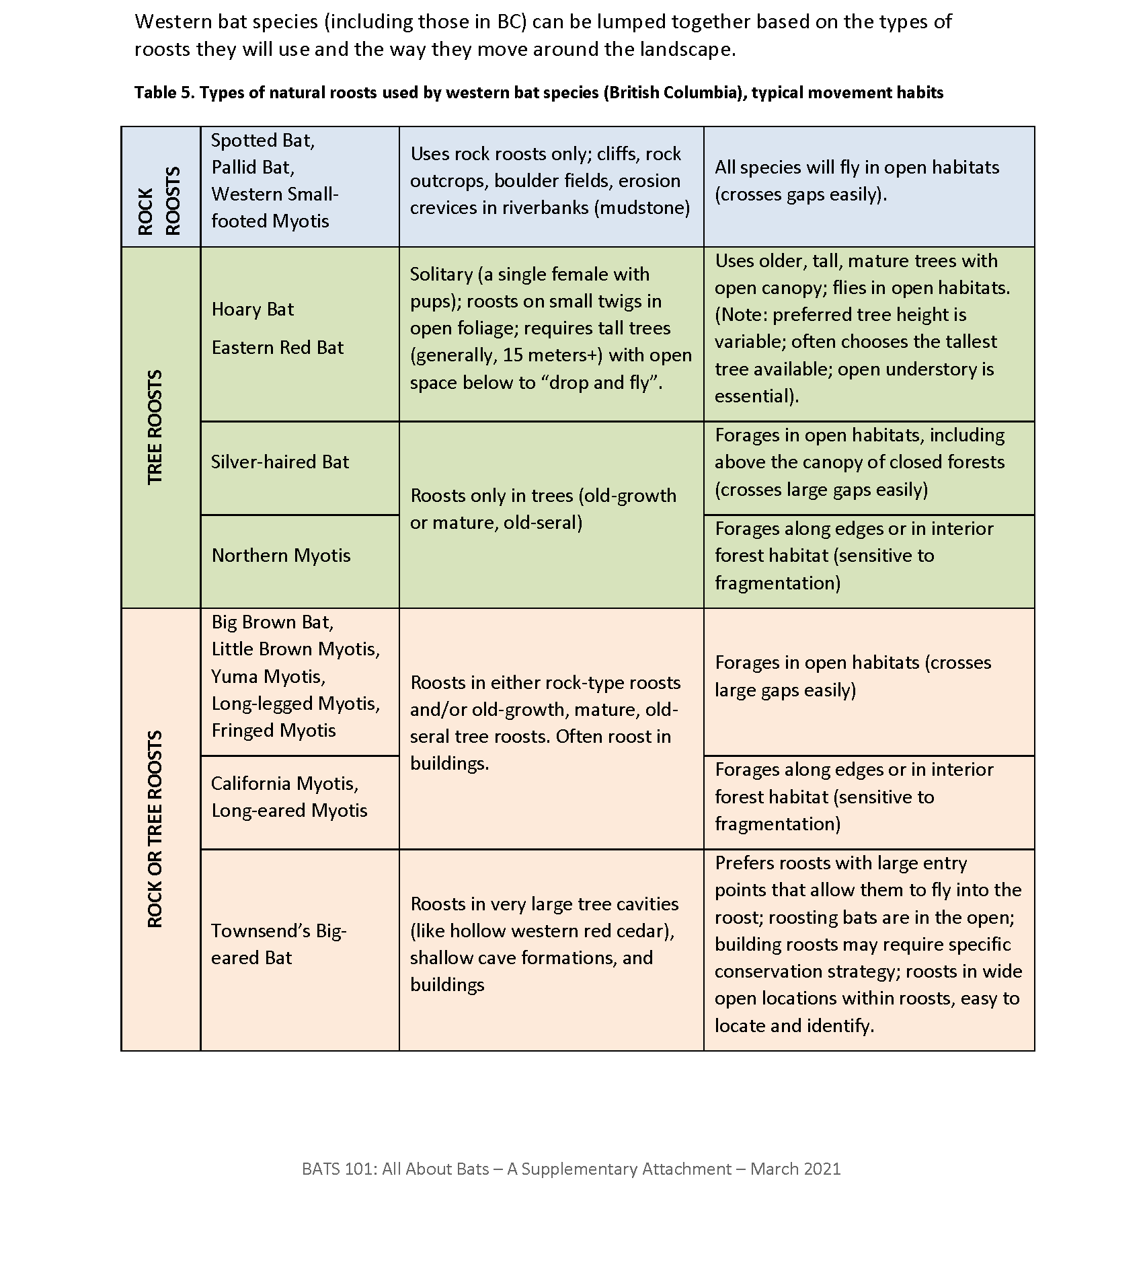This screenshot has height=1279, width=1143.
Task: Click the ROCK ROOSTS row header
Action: (160, 200)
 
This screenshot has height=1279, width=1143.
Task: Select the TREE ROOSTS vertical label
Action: (155, 427)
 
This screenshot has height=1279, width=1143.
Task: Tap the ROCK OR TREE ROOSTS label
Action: (155, 829)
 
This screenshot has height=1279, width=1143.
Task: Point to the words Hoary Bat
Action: (253, 309)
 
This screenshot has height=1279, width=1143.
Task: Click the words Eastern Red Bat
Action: (278, 348)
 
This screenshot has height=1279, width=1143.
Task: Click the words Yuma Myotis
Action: (268, 676)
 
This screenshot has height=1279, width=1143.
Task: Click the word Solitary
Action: (441, 275)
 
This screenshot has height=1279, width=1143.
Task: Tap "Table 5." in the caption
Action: (163, 93)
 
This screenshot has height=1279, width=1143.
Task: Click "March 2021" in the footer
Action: (795, 1169)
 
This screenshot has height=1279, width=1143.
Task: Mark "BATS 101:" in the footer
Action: (340, 1169)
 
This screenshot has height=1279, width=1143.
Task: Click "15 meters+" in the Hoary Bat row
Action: (553, 355)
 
